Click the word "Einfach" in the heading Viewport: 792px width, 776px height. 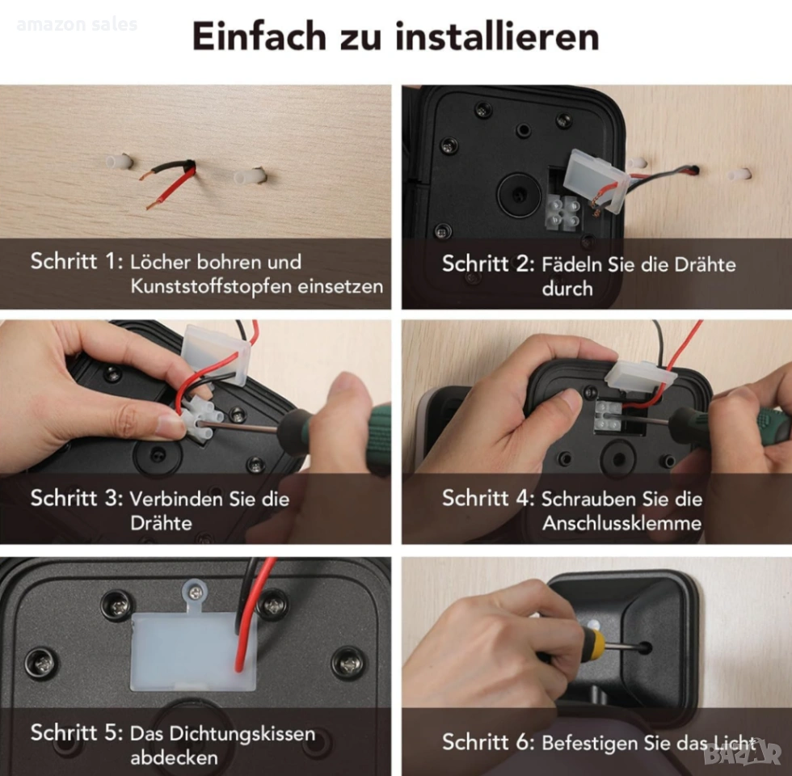click(259, 37)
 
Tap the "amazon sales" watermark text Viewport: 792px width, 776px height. click(77, 24)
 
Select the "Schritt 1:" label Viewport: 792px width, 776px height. click(77, 261)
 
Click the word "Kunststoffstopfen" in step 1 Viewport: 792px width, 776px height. click(211, 286)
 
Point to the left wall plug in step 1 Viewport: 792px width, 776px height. click(120, 162)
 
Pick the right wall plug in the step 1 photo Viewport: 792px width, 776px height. click(250, 175)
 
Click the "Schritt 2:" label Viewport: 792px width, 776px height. click(488, 264)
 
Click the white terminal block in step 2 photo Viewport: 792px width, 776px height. click(562, 212)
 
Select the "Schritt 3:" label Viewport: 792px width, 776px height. click(77, 498)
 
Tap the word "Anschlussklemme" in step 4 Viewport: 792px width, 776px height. click(621, 523)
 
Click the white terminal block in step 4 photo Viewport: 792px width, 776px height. click(608, 415)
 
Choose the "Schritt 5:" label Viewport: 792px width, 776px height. click(77, 732)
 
